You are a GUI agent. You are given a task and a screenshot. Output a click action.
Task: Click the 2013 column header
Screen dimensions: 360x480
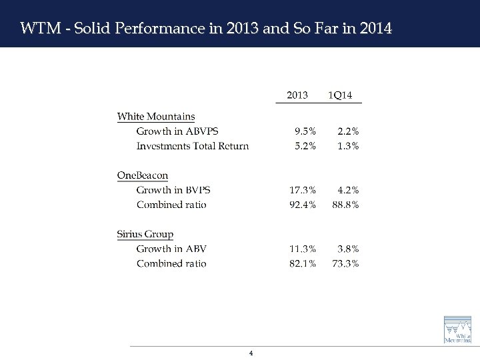(297, 95)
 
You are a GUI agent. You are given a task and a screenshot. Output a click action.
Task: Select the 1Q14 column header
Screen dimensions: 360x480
(341, 95)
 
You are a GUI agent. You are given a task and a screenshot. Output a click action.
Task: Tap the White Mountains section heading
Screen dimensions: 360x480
(156, 117)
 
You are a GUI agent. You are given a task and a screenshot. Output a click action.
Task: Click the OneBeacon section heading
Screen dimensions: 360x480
(142, 175)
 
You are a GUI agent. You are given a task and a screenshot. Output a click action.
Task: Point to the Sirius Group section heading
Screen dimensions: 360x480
(145, 234)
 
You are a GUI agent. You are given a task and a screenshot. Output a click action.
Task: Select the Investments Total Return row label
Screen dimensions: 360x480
(192, 146)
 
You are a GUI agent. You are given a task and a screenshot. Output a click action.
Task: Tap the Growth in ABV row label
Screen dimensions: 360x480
(171, 249)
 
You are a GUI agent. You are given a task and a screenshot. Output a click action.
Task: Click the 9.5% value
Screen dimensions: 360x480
(305, 131)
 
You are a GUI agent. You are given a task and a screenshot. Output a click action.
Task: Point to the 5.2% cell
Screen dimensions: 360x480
(305, 146)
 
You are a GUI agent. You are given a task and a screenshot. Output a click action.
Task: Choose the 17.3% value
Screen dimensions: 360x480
(303, 190)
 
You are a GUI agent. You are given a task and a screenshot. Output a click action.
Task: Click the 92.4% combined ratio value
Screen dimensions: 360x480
(303, 205)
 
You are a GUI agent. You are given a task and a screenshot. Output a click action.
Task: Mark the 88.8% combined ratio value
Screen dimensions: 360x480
(345, 205)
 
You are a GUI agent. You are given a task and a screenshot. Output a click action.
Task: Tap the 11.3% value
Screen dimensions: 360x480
(303, 249)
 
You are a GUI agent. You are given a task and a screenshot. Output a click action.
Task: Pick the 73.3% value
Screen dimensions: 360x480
(345, 263)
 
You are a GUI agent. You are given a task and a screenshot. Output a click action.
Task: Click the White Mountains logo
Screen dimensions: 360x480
(459, 329)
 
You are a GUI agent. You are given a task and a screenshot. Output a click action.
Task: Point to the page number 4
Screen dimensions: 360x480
(250, 353)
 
